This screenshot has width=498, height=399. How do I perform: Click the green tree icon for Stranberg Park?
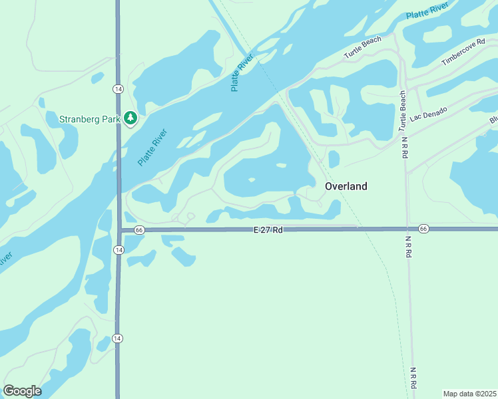tap(131, 118)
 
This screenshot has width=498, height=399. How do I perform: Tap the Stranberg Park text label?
tap(89, 120)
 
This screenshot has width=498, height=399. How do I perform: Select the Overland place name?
tap(346, 186)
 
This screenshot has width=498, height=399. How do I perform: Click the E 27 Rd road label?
tap(268, 229)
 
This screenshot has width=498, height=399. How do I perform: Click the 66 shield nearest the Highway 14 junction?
tap(138, 229)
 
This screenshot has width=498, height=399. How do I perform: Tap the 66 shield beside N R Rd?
tap(424, 229)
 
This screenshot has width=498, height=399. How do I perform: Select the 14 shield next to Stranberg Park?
tap(118, 88)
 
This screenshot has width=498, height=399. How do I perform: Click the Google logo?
tap(22, 391)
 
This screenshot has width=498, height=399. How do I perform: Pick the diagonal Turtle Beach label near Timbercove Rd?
tap(363, 47)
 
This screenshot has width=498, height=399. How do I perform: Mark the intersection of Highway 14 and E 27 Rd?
tap(119, 229)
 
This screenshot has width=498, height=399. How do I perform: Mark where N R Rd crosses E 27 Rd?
tap(408, 229)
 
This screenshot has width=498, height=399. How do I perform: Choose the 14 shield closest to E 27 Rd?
tap(118, 249)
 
